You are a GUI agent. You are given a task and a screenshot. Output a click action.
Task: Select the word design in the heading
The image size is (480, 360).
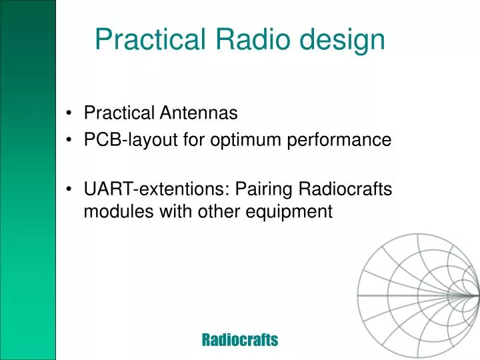(342, 39)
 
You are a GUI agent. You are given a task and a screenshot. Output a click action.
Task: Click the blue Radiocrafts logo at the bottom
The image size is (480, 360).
(239, 340)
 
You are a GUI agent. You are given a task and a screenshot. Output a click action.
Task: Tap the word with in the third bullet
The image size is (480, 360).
(171, 212)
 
